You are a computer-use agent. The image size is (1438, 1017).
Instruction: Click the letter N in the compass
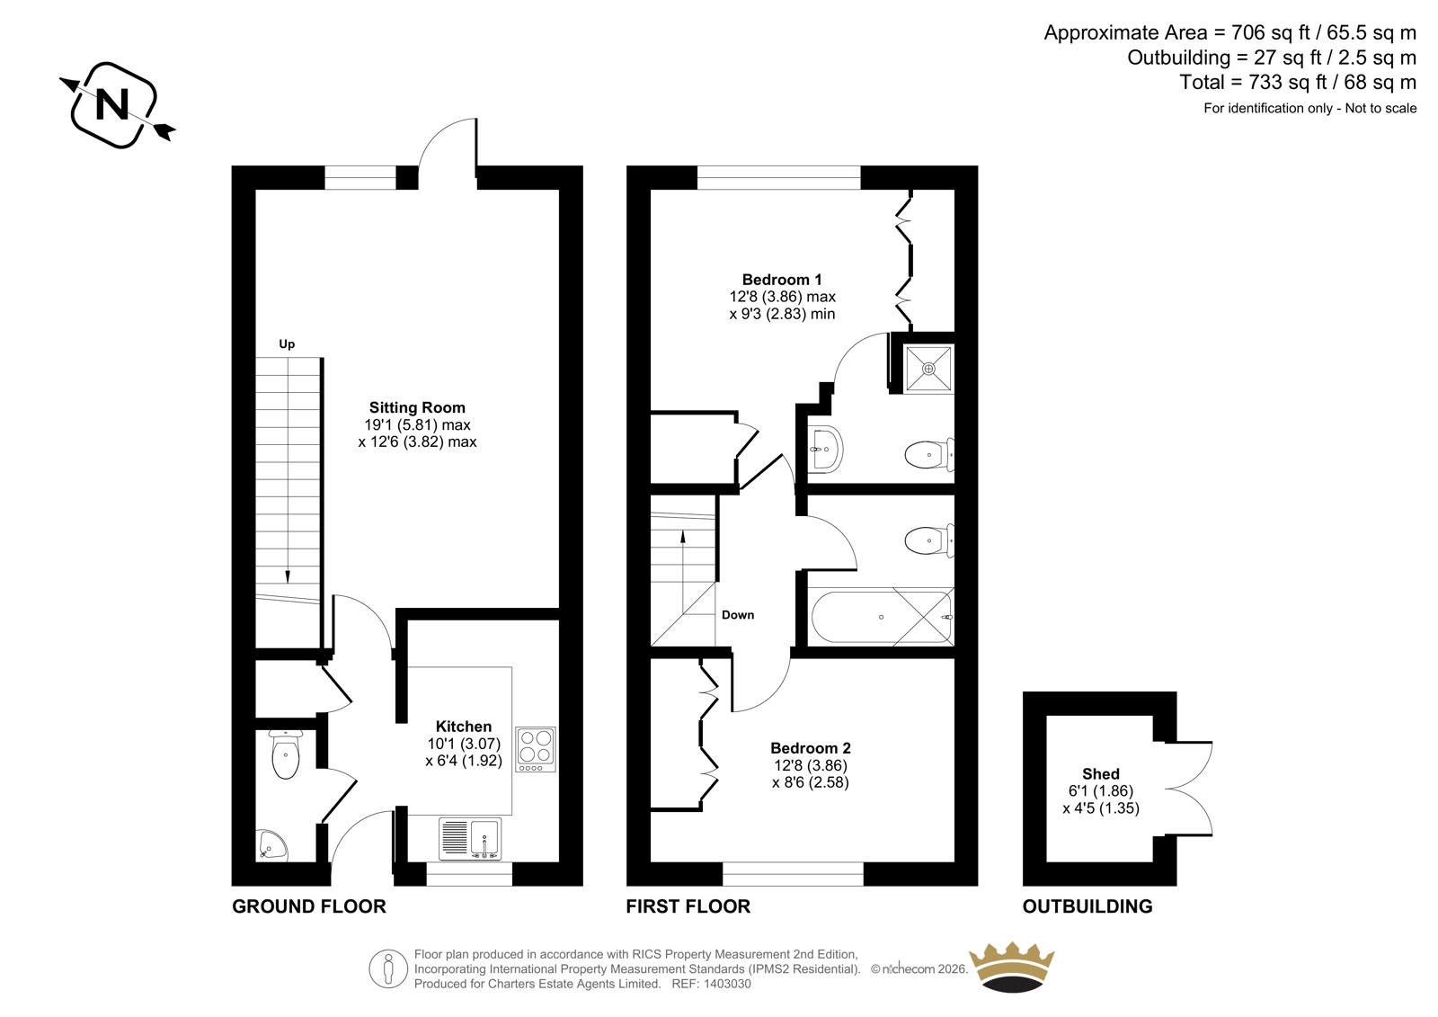(x=111, y=104)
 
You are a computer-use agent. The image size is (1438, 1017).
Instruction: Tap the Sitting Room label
(x=417, y=407)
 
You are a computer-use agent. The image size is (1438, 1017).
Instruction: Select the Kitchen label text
(x=464, y=727)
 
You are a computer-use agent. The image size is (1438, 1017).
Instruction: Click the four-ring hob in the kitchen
(x=536, y=749)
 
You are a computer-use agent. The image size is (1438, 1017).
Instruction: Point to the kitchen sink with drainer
(x=470, y=838)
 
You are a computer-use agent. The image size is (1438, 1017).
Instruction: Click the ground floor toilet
(x=286, y=754)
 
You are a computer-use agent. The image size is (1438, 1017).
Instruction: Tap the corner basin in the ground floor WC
(x=272, y=845)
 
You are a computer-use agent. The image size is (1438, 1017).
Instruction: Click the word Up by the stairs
(x=287, y=344)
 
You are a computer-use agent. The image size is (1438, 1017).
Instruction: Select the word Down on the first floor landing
(x=738, y=615)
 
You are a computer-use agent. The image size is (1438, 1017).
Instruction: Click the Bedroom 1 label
(x=782, y=280)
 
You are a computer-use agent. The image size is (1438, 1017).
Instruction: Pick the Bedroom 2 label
(x=811, y=748)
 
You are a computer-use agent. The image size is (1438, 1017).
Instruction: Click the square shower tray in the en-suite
(x=929, y=369)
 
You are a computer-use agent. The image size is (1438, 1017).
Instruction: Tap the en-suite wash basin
(x=824, y=449)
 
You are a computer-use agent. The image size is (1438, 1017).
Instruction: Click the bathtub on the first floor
(x=882, y=617)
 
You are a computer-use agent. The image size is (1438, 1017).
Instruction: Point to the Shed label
(x=1101, y=774)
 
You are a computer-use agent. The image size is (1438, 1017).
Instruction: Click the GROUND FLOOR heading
(x=309, y=906)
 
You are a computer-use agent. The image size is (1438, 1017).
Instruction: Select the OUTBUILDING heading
(x=1087, y=906)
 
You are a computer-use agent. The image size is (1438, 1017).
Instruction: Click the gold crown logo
(x=1012, y=967)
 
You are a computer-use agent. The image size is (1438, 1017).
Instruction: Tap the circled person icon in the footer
(x=388, y=968)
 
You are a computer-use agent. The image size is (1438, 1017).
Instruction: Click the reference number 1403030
(x=727, y=984)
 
